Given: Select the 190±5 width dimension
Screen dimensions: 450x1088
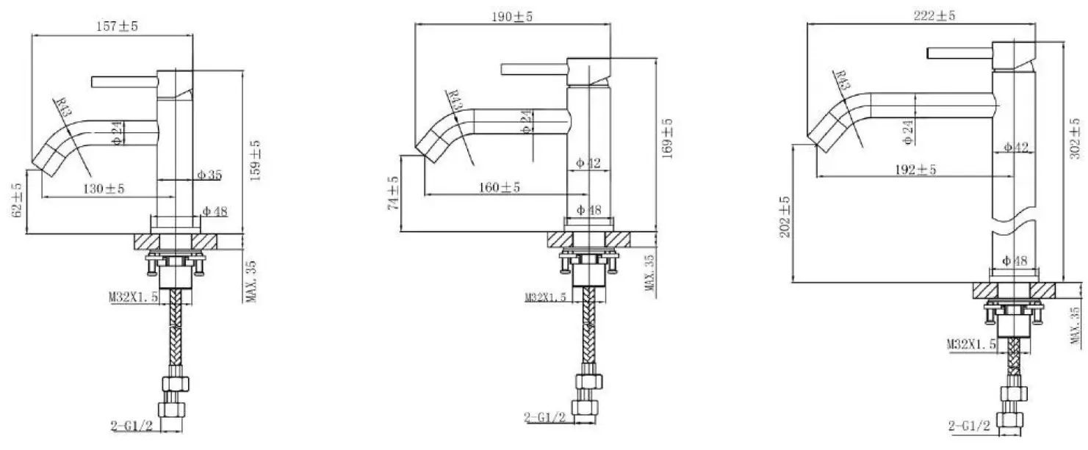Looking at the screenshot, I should click(512, 17).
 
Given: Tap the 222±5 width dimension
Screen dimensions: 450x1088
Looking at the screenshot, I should click(934, 16).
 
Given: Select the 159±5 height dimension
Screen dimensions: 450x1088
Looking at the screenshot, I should click(255, 161).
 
